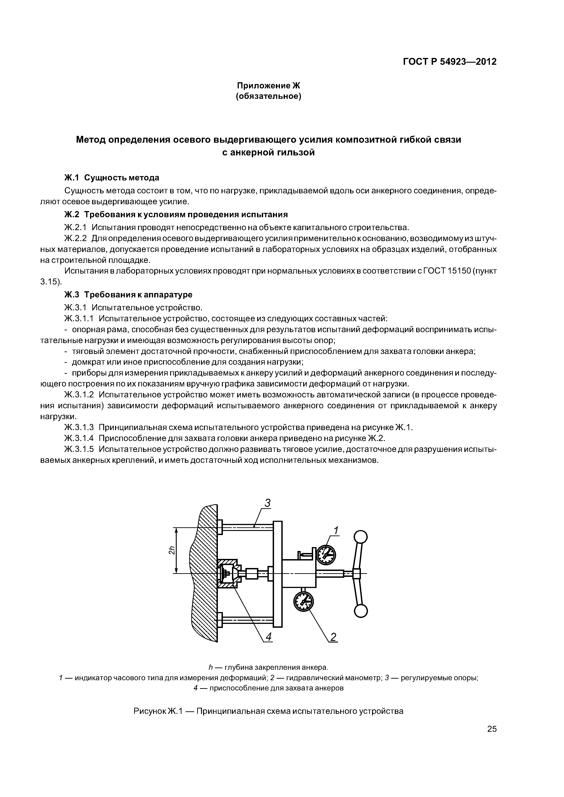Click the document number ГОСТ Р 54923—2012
tap(450, 62)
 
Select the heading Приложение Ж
tap(268, 85)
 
